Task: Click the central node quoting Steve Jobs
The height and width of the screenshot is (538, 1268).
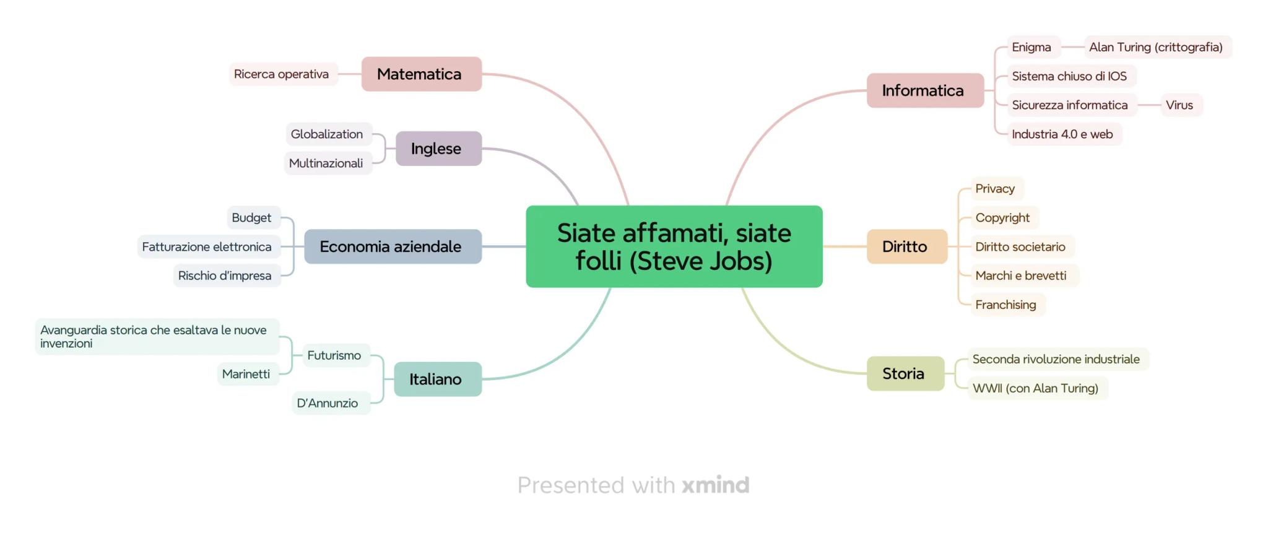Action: pos(674,246)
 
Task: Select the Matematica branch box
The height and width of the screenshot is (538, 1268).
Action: pos(421,74)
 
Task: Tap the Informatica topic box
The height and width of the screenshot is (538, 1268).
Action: pos(924,90)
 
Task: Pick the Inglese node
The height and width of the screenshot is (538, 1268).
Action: pos(438,149)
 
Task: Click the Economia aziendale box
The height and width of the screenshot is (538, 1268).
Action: pos(393,246)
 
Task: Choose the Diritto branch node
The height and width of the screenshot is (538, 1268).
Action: pos(906,246)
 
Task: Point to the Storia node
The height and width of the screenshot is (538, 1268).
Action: pos(905,373)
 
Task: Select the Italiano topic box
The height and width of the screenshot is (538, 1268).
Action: pos(437,379)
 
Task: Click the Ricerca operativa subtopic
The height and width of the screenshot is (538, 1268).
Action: pos(282,74)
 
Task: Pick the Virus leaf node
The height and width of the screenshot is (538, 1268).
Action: pos(1179,105)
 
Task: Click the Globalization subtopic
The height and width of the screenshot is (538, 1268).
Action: pos(328,134)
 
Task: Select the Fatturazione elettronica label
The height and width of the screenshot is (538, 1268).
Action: pos(207,246)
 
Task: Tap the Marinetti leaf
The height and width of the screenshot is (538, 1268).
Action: pos(246,374)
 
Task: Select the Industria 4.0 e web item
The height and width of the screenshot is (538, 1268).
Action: pos(1063,134)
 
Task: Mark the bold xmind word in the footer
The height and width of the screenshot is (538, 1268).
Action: pos(716,485)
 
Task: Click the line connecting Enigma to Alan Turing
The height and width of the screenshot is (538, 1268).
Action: pos(1072,47)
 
